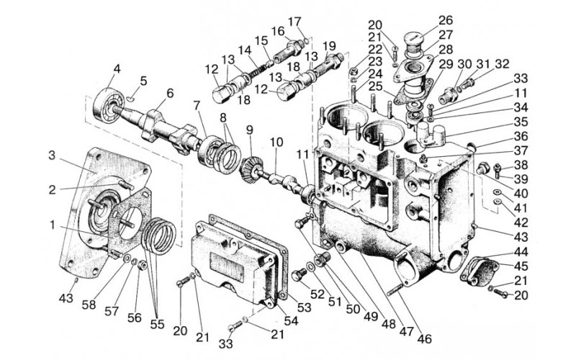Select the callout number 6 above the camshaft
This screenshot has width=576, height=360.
[170, 94]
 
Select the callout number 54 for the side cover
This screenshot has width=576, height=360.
[291, 320]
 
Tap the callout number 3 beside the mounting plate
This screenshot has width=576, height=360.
[52, 156]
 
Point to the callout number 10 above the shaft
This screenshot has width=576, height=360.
[277, 142]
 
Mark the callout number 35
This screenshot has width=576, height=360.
[521, 122]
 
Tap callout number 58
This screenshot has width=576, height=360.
[89, 305]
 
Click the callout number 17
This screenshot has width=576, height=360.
[294, 22]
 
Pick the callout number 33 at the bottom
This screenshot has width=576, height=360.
[225, 344]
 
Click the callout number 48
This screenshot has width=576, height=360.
[388, 324]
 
